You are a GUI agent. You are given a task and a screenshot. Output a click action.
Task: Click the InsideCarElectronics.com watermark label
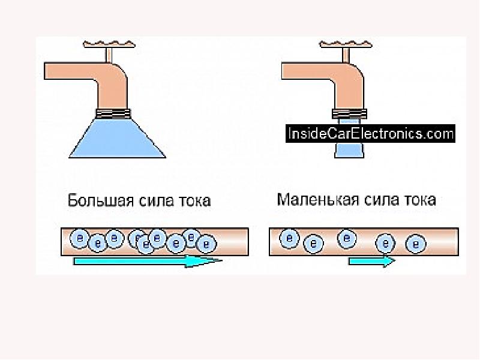coord(370,133)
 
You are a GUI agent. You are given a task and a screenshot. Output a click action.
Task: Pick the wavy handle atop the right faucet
coord(343,44)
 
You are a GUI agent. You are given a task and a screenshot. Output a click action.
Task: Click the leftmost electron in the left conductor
coord(79,238)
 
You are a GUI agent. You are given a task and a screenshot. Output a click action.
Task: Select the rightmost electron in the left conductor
coord(206,244)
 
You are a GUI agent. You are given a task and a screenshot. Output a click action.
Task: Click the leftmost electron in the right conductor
coord(290,238)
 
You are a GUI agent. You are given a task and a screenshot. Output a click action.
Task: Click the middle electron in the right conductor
coord(346,238)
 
